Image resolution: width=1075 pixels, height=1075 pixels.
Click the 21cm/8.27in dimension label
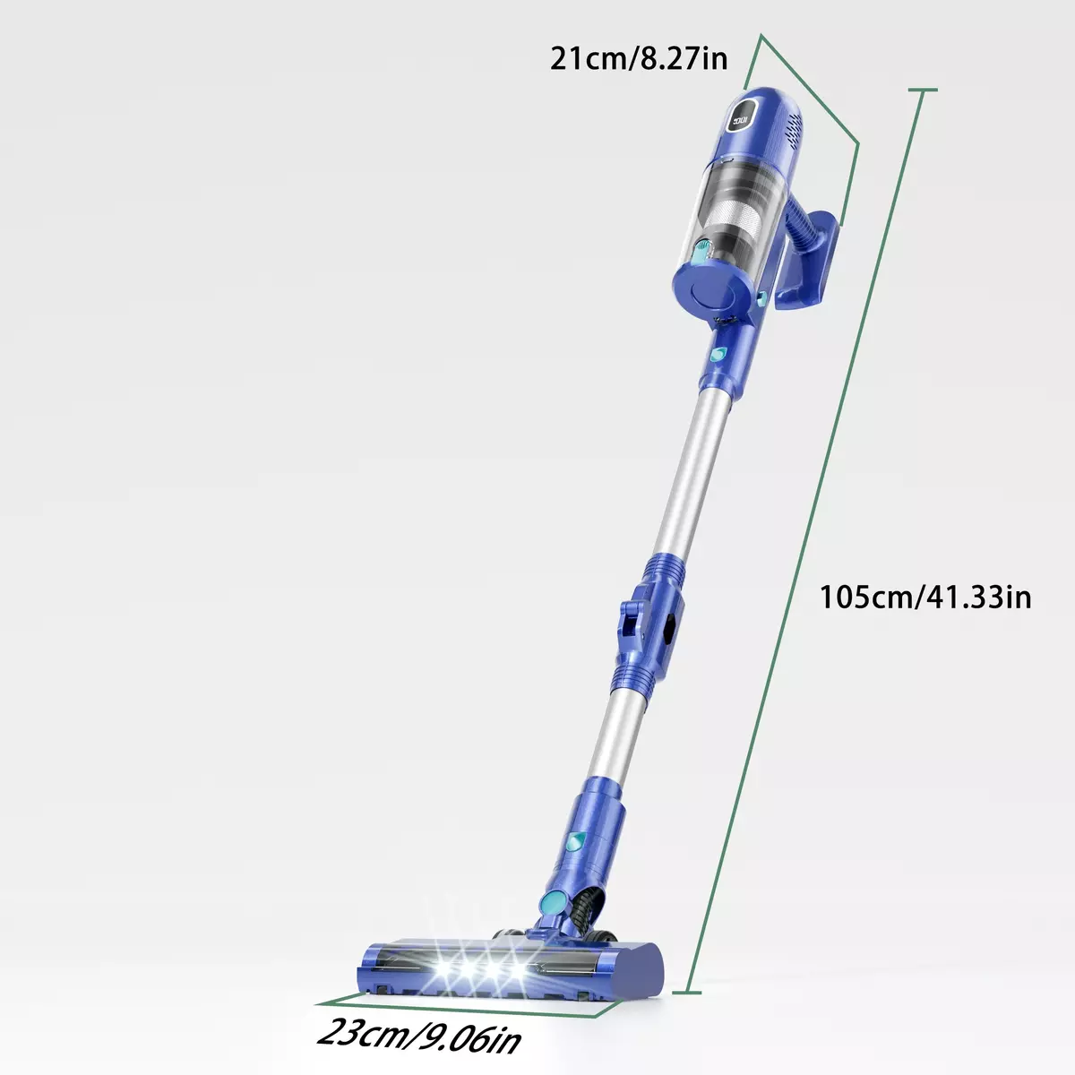639,58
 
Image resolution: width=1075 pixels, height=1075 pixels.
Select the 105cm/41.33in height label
924,597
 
